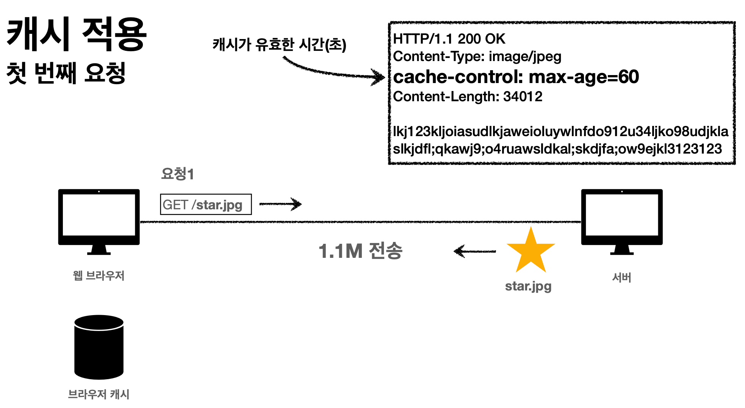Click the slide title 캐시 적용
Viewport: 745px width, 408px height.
tap(77, 35)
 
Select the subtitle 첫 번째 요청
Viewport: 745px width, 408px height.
tap(66, 73)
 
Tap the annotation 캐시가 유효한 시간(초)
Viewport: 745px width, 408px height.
tap(279, 45)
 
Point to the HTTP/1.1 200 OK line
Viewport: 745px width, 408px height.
tap(449, 39)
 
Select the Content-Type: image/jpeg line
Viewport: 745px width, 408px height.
tap(477, 56)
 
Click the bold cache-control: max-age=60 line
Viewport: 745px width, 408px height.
tap(516, 77)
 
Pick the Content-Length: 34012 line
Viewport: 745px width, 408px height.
tap(468, 97)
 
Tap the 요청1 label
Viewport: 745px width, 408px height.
tap(177, 174)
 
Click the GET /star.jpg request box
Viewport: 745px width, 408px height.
tap(206, 204)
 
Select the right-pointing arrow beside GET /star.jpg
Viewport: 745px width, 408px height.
tap(280, 204)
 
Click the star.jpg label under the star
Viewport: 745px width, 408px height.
tap(528, 286)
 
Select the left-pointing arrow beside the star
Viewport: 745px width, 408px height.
tap(475, 251)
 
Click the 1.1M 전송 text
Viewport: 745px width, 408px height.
tap(360, 251)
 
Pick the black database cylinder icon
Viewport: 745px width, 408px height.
tap(99, 347)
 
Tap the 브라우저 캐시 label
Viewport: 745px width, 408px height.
tap(99, 394)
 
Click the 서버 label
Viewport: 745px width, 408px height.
tap(622, 278)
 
